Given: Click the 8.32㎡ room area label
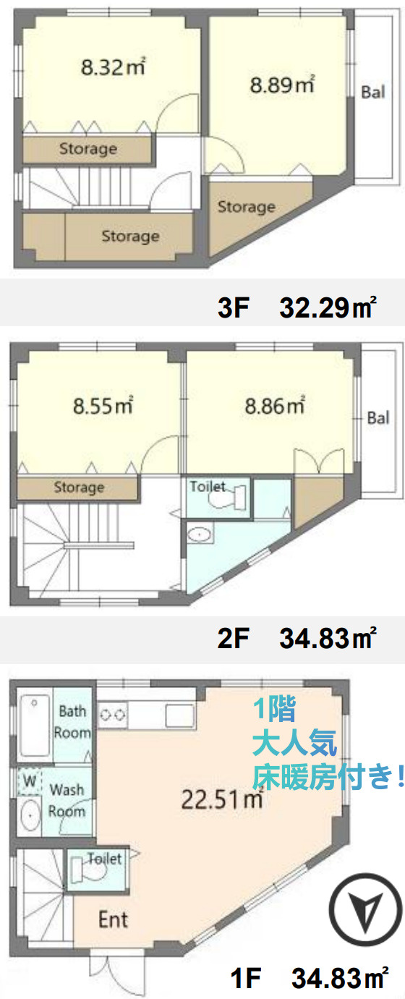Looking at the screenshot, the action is click(x=114, y=67).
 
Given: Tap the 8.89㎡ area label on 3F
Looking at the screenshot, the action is click(x=282, y=85).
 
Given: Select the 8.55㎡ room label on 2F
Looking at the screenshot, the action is click(x=103, y=406).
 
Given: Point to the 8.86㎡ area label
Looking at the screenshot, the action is click(x=275, y=406).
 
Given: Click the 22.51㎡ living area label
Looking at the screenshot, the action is click(x=222, y=799).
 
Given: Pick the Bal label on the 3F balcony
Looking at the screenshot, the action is click(x=373, y=93).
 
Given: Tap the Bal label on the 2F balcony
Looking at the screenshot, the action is click(x=378, y=418).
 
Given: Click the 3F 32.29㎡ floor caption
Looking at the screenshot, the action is click(x=297, y=307).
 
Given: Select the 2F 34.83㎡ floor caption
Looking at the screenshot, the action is click(x=297, y=638).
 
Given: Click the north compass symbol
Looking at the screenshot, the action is click(x=364, y=910).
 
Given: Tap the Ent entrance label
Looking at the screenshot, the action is click(x=113, y=919).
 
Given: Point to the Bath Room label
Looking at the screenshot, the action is click(x=72, y=722).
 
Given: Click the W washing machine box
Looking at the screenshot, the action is click(x=30, y=781).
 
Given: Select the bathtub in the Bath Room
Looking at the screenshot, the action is click(x=35, y=725).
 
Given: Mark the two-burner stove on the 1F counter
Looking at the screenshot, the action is click(x=112, y=715).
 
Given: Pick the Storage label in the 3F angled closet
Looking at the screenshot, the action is click(x=246, y=206).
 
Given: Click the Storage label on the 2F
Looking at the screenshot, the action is click(x=79, y=487).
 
